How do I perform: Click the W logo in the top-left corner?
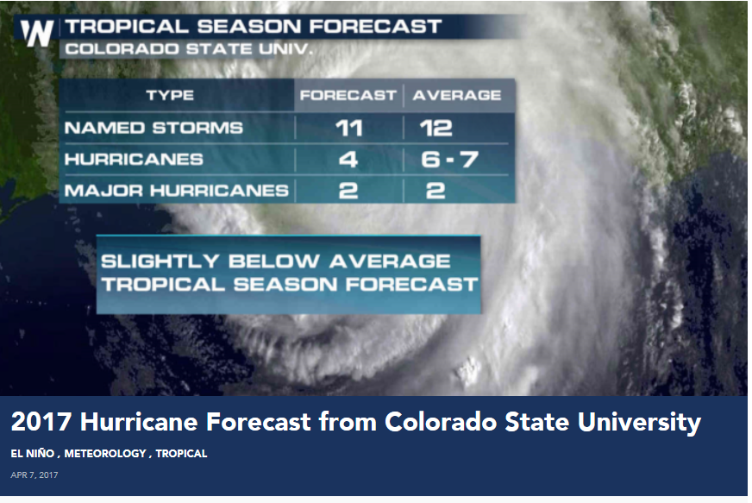(x=36, y=34)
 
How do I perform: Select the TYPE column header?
(x=170, y=95)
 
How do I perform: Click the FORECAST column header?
(x=348, y=95)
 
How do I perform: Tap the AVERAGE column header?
(x=457, y=95)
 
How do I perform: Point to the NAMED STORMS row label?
(x=154, y=128)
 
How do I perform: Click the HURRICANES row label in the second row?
(x=134, y=160)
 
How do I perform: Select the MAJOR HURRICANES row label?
(x=177, y=191)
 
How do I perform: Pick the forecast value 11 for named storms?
(x=348, y=129)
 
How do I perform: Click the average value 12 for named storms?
(x=436, y=129)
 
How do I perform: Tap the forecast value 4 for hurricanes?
(x=348, y=160)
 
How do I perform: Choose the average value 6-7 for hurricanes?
(x=449, y=160)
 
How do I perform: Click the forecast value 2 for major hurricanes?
(x=348, y=191)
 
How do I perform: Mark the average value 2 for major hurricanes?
(x=436, y=191)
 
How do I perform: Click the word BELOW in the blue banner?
(x=274, y=261)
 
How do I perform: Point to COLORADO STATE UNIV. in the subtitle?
(x=189, y=49)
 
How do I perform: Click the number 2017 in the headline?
(x=41, y=422)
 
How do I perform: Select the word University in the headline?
(x=639, y=423)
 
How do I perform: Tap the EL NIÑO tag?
(x=33, y=454)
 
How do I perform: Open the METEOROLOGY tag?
(x=105, y=454)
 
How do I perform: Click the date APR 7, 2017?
(x=34, y=475)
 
